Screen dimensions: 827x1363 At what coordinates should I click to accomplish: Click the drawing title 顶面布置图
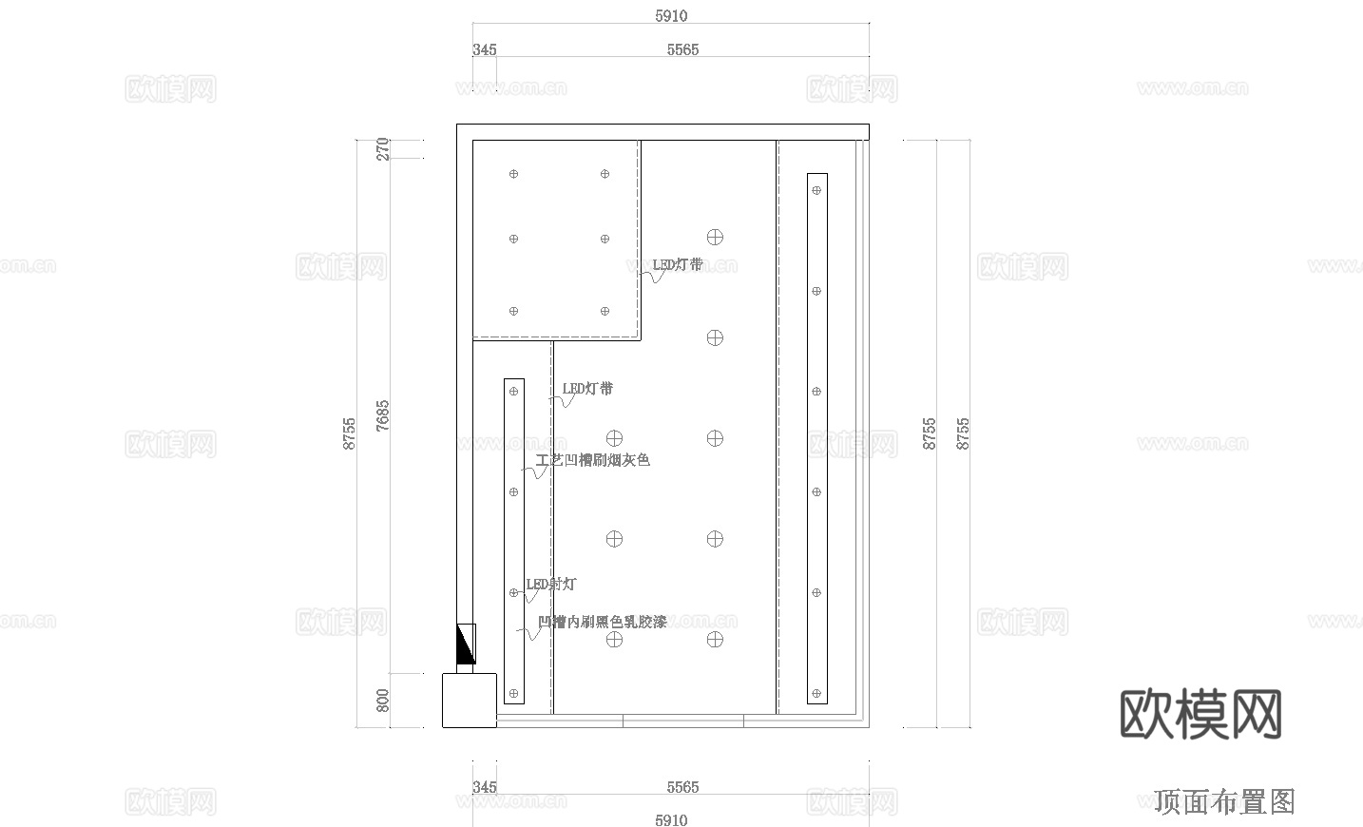(x=1224, y=801)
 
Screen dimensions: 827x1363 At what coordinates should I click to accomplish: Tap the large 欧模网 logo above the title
(x=1200, y=715)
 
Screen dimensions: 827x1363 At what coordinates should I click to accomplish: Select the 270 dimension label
(x=383, y=148)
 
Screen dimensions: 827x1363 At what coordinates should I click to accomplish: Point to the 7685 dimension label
(x=383, y=415)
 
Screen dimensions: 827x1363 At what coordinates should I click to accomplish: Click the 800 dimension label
(x=383, y=701)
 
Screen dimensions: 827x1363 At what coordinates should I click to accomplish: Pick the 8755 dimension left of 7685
(x=350, y=433)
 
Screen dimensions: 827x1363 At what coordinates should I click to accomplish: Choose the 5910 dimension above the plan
(x=671, y=16)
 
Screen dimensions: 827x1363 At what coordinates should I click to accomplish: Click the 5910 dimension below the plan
(x=671, y=819)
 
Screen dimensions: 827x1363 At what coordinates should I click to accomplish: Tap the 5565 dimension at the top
(x=682, y=49)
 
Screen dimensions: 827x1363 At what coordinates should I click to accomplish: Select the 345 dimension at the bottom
(x=484, y=787)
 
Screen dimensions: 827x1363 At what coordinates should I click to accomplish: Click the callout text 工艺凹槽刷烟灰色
(x=593, y=460)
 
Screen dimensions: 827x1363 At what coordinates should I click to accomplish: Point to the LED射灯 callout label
(x=551, y=584)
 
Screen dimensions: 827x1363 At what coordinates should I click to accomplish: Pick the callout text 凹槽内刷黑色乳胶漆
(x=603, y=622)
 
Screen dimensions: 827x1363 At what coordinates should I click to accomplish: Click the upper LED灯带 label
(x=678, y=264)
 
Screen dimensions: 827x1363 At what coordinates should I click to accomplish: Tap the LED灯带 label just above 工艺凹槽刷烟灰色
(x=587, y=388)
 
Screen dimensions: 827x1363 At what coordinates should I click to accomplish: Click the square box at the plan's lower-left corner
(x=470, y=700)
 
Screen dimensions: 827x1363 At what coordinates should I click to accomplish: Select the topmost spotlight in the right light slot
(x=816, y=190)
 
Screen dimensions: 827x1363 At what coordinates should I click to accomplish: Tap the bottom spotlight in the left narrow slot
(x=514, y=693)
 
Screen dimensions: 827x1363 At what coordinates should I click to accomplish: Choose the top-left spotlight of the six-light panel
(x=514, y=174)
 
